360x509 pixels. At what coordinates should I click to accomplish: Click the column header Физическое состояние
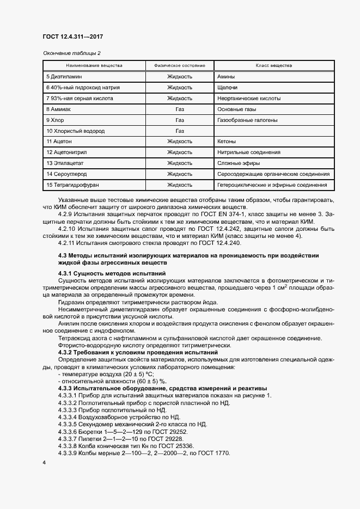click(179, 66)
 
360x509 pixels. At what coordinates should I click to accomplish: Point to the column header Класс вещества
click(273, 66)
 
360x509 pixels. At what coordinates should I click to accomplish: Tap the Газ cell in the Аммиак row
click(180, 109)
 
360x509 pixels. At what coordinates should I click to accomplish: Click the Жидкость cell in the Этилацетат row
click(180, 163)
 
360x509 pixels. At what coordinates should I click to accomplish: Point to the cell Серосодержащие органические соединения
click(273, 174)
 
